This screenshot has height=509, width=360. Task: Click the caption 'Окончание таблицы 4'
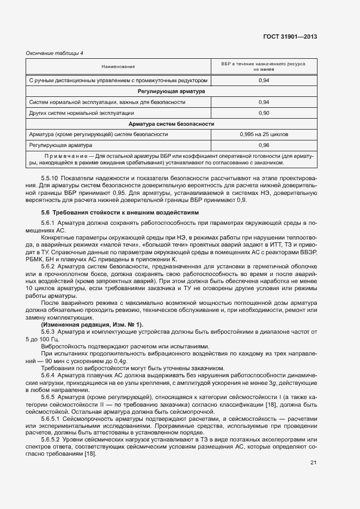pos(54,53)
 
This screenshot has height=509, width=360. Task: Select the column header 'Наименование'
pos(118,66)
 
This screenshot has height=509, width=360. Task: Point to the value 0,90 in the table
pos(264,113)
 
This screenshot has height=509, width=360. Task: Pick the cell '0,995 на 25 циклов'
pos(264,134)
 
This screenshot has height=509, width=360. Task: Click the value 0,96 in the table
pos(264,145)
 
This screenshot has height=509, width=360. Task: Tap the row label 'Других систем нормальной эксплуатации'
pos(82,113)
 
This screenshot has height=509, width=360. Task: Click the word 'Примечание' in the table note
pos(60,156)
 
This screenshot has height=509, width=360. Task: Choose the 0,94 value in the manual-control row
pos(264,81)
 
